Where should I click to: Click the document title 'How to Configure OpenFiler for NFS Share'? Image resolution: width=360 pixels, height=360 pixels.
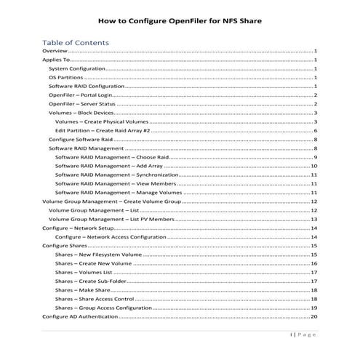click(179, 21)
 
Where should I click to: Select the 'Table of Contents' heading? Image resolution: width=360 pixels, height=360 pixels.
click(76, 42)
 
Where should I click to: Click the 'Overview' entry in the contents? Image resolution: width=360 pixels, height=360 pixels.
click(55, 52)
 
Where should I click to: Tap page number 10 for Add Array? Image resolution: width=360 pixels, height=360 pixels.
click(313, 166)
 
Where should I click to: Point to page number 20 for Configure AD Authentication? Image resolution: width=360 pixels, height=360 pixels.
click(313, 316)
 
